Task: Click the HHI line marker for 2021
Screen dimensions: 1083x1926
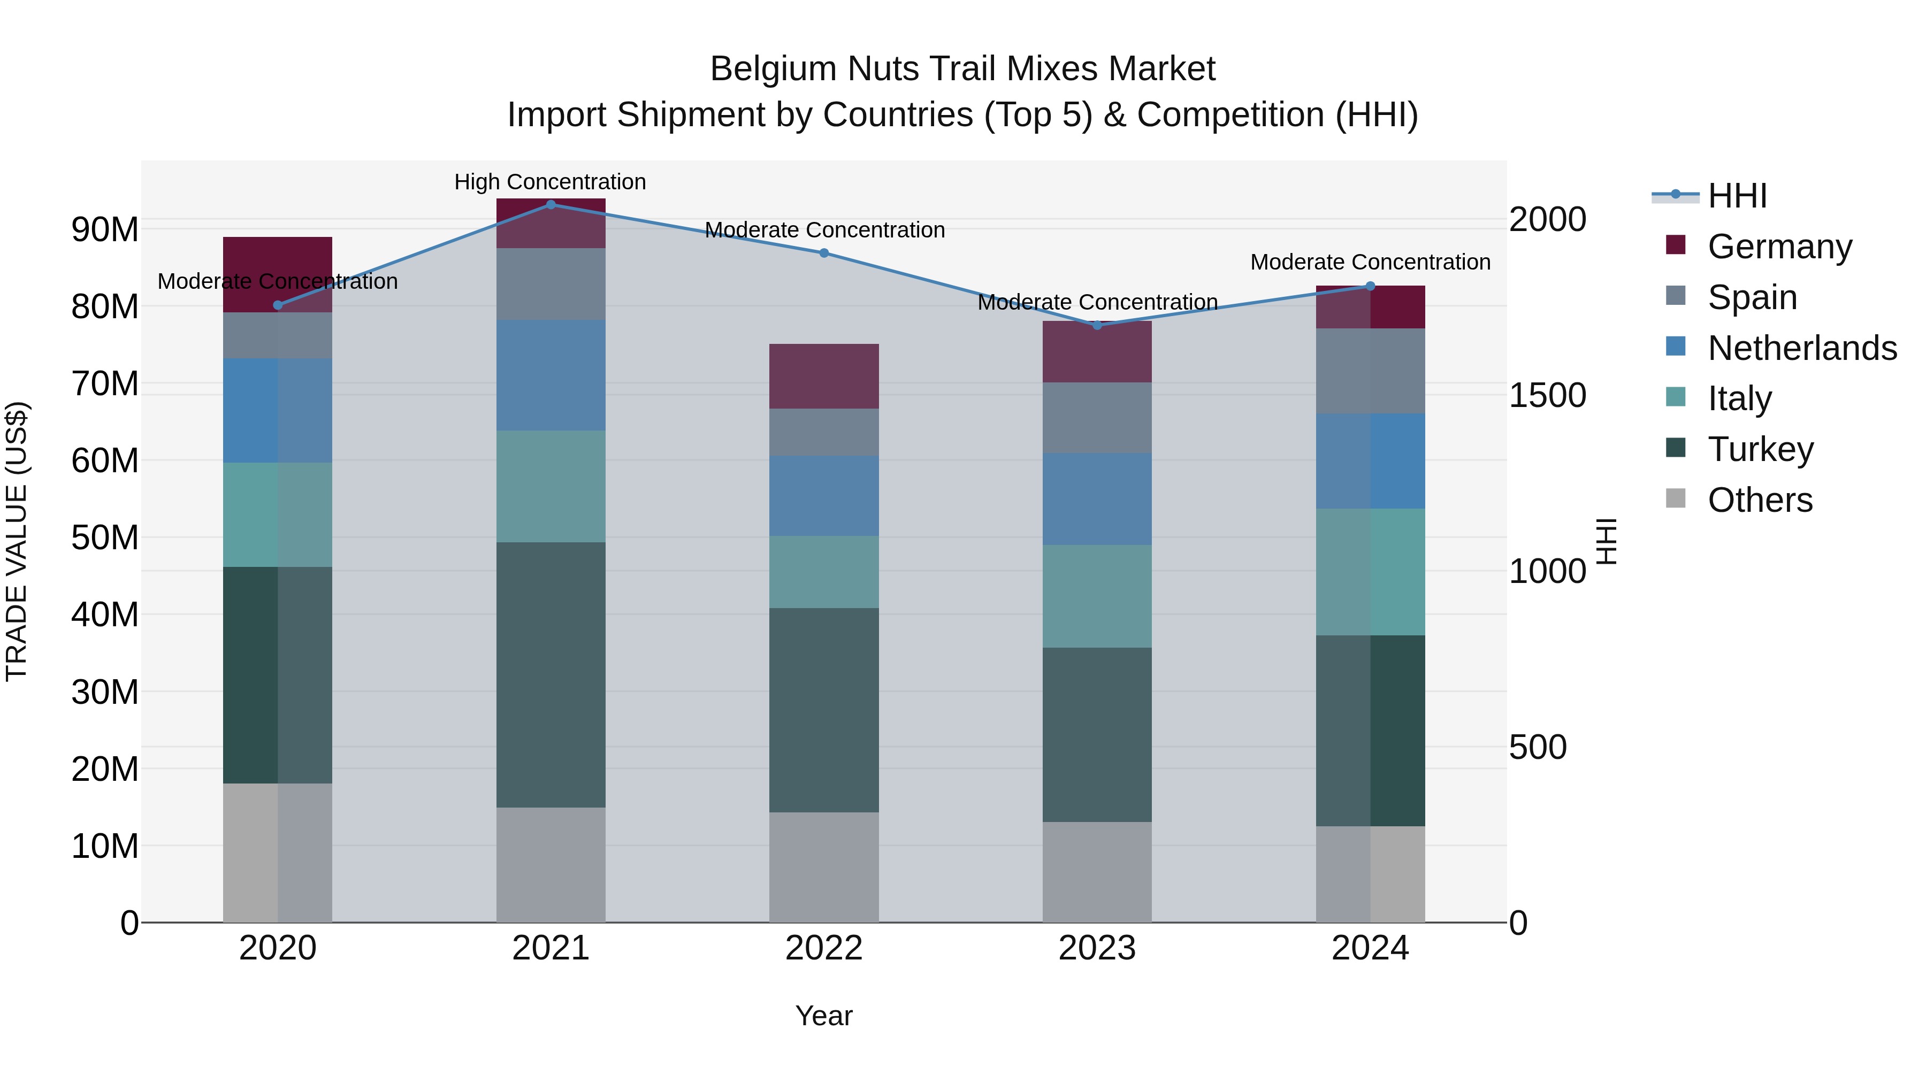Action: pos(551,204)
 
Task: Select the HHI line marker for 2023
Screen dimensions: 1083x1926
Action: pos(1097,325)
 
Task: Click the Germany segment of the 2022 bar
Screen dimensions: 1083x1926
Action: pos(824,376)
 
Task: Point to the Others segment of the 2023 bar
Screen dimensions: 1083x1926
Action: pos(1097,872)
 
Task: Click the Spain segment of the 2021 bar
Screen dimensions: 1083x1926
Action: pos(551,284)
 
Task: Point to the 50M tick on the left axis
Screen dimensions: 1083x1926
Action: pos(105,537)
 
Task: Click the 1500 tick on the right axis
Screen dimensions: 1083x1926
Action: pos(1547,395)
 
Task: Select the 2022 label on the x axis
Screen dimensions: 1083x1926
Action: pos(824,948)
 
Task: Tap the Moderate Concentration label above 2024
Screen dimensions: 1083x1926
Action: pos(1370,263)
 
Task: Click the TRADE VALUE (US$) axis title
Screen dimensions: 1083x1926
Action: pos(17,541)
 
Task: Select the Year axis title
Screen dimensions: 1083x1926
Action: pos(824,1016)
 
